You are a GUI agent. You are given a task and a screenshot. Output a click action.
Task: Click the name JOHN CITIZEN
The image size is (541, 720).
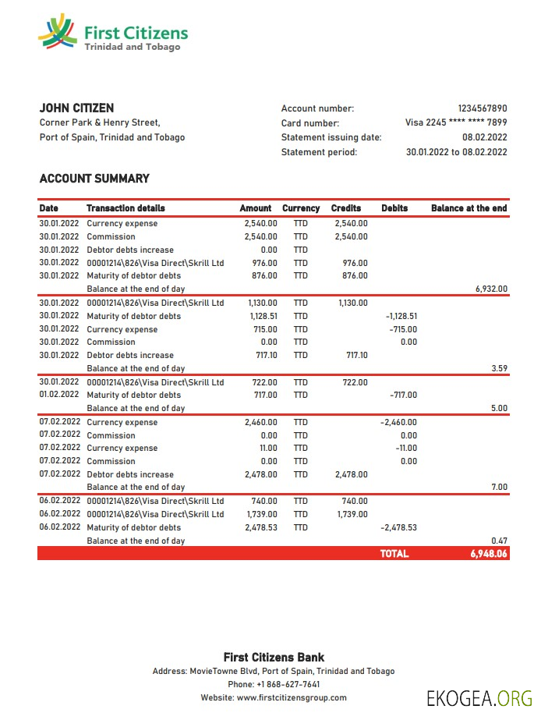pyautogui.click(x=76, y=108)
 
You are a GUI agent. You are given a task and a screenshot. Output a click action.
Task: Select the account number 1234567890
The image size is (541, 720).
pyautogui.click(x=482, y=109)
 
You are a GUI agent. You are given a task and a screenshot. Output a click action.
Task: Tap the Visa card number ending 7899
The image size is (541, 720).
pyautogui.click(x=456, y=123)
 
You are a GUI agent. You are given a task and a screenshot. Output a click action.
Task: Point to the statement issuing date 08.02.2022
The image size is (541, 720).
pyautogui.click(x=484, y=137)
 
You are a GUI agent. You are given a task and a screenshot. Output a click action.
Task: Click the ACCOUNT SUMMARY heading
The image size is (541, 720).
pyautogui.click(x=94, y=179)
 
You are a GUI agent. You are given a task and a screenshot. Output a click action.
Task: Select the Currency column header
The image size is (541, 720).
pyautogui.click(x=300, y=208)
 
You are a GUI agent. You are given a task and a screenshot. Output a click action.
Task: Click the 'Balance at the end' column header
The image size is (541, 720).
pyautogui.click(x=469, y=208)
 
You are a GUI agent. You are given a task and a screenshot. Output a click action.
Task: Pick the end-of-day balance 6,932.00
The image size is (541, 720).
pyautogui.click(x=491, y=289)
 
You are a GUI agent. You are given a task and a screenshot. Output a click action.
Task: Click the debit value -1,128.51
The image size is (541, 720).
pyautogui.click(x=401, y=316)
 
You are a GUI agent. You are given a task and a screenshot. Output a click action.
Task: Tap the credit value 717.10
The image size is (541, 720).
pyautogui.click(x=355, y=355)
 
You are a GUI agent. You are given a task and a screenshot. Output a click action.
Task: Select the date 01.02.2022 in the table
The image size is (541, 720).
pyautogui.click(x=59, y=395)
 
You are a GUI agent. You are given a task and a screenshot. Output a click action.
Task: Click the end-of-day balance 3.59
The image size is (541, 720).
pyautogui.click(x=500, y=368)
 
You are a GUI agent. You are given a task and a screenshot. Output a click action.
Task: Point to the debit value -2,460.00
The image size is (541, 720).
pyautogui.click(x=398, y=422)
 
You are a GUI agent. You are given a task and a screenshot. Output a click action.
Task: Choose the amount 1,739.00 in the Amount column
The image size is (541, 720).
pyautogui.click(x=261, y=514)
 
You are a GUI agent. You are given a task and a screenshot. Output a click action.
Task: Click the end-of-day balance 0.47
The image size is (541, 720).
pyautogui.click(x=500, y=541)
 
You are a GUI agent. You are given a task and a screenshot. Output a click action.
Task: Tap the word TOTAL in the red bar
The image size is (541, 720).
pyautogui.click(x=394, y=554)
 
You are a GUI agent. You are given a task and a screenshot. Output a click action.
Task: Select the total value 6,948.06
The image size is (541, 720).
pyautogui.click(x=488, y=554)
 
